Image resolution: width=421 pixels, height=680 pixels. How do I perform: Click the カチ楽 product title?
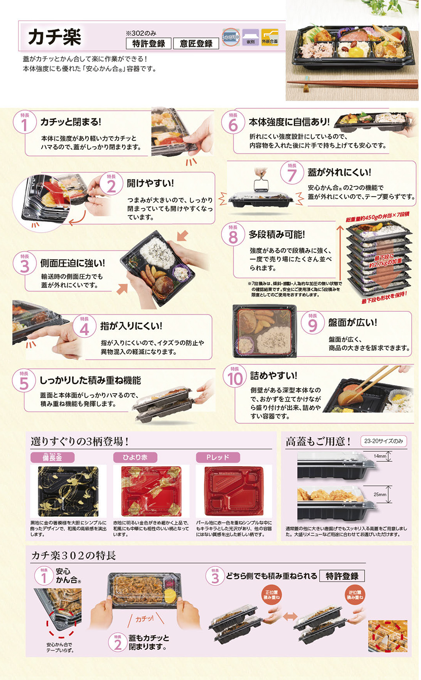pos(55,37)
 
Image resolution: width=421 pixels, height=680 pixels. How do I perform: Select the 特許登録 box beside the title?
pos(149,43)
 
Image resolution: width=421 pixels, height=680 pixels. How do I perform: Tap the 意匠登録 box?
pos(196,43)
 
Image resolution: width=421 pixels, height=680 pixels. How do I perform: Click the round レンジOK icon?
pos(231,37)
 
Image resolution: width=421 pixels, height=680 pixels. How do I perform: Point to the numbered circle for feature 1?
pos(24,123)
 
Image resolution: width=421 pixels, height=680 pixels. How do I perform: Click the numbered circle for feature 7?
pos(292,174)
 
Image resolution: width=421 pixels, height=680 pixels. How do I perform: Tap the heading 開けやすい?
pos(150,183)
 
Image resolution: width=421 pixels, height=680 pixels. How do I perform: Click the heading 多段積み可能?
pos(277,235)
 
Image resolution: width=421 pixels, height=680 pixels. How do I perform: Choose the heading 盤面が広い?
pos(352,323)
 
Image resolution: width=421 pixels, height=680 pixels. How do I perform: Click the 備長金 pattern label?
pos(52,458)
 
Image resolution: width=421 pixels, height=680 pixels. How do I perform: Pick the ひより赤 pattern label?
pos(135,458)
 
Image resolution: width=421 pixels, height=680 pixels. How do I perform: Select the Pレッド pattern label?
pos(218,458)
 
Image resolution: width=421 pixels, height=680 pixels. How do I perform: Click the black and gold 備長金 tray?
pos(68,491)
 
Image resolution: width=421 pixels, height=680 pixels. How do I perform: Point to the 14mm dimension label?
pos(380,456)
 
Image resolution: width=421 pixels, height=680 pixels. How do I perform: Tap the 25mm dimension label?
pos(380,494)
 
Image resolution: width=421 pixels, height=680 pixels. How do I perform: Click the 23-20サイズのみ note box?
pos(384,441)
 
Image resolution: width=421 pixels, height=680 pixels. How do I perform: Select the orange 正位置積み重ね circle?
pos(272,595)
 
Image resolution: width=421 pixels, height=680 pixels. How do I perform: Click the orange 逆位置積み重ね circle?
pos(354,595)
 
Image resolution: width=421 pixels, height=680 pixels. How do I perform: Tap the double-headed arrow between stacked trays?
pos(290,616)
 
